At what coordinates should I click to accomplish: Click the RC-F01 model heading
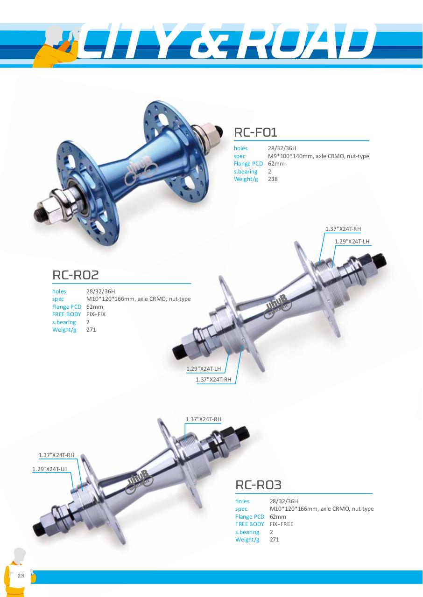(255, 132)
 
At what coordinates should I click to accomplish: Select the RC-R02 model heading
(76, 275)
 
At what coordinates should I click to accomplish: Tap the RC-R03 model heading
(258, 485)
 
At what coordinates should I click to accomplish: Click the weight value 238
(273, 179)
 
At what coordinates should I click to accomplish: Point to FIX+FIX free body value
(96, 314)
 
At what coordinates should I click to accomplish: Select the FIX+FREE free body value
(282, 524)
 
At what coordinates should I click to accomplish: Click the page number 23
(21, 576)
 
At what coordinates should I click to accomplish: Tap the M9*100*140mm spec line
(318, 156)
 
